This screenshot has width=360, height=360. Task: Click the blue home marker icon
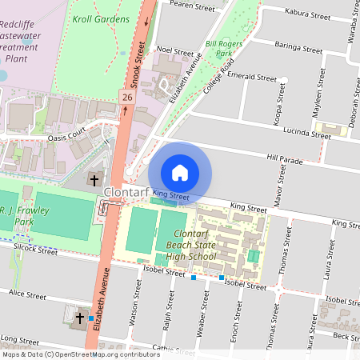coord(180,173)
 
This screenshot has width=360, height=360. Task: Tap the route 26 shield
coord(126,97)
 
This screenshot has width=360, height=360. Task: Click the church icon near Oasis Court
coord(94,179)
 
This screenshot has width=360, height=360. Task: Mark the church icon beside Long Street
coord(79,318)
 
